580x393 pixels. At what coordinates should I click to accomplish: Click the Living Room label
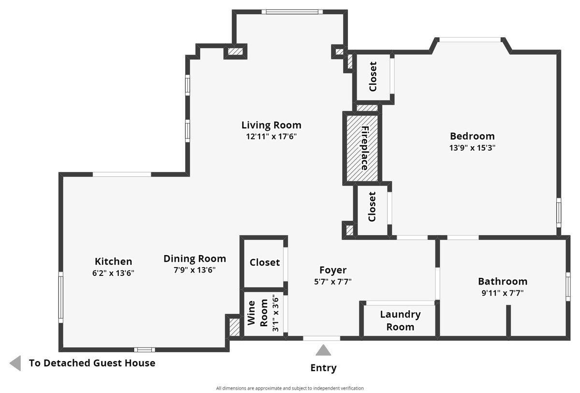coord(271,125)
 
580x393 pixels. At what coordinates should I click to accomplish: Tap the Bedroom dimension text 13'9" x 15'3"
coord(472,148)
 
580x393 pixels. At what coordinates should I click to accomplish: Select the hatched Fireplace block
coord(362,148)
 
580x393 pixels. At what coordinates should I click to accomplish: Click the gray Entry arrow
coord(323,350)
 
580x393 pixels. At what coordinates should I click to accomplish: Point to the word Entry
coord(323,368)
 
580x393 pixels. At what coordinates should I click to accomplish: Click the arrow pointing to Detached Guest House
coord(15,363)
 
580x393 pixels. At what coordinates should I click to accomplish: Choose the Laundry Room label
coord(400,320)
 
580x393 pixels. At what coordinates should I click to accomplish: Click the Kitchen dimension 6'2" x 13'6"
coord(113,273)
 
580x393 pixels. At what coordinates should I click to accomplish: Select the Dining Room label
coord(195,258)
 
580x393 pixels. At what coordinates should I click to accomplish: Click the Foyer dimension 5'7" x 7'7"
coord(333,281)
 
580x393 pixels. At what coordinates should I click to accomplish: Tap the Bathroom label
coord(503,281)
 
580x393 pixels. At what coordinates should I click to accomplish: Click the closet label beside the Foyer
coord(265,262)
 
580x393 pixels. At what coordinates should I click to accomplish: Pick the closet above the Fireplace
coord(373,77)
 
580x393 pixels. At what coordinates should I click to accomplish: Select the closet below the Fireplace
coord(372,207)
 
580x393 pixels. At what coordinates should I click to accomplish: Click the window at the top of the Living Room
coord(292,12)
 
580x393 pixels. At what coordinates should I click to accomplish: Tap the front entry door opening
coord(321,338)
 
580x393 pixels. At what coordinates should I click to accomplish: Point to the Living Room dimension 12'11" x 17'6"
coord(271,136)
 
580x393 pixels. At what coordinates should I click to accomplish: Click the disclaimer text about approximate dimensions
coord(290,388)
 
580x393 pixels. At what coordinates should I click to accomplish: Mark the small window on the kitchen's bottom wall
coord(145,350)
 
